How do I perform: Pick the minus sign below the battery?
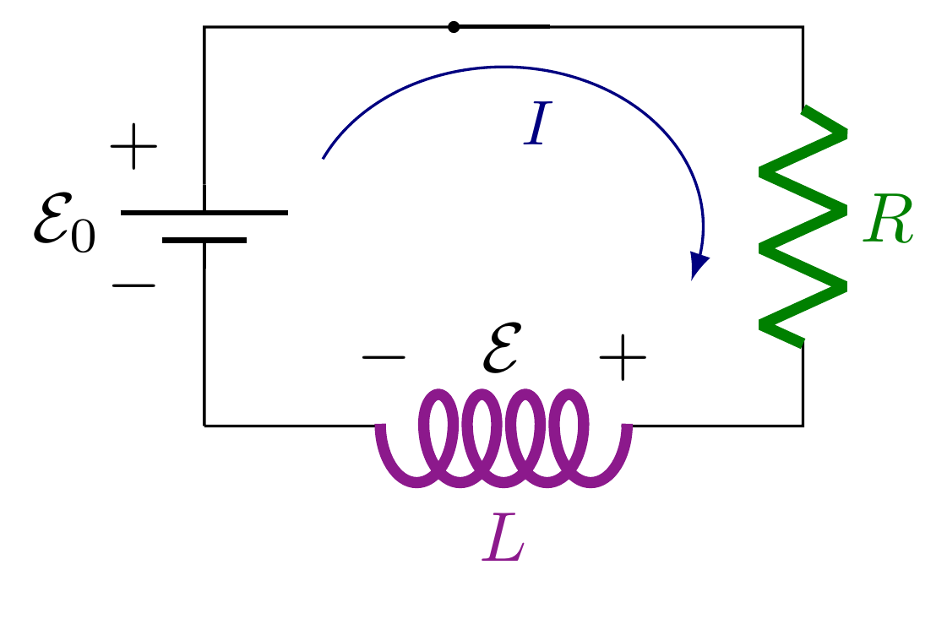pos(133,285)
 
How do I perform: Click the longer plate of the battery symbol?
pos(204,212)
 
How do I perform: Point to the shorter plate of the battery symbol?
pos(204,241)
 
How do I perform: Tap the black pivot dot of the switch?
pos(454,27)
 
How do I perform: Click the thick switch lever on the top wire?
pos(503,27)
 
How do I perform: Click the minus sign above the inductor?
pos(384,357)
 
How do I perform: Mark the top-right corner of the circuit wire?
pos(803,27)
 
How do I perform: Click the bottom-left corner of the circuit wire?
pos(204,425)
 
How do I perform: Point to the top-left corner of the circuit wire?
pos(204,27)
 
